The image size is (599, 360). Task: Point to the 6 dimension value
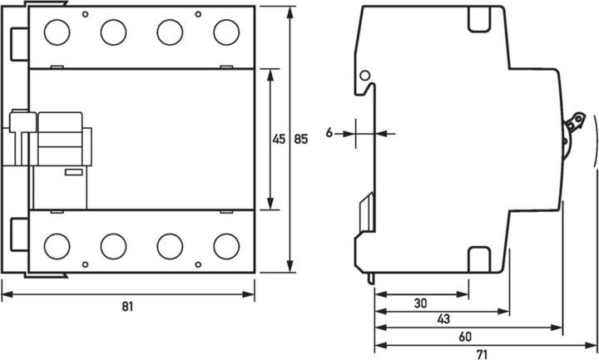tap(329, 132)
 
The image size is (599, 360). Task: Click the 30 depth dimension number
tap(422, 303)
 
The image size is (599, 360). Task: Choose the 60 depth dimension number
tap(465, 337)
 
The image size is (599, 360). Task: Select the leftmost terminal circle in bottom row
tap(57, 245)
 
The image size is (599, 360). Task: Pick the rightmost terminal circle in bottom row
tap(225, 245)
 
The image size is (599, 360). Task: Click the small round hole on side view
tap(364, 76)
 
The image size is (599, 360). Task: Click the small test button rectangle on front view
tap(73, 172)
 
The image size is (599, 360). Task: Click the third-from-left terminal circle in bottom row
tap(170, 245)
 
